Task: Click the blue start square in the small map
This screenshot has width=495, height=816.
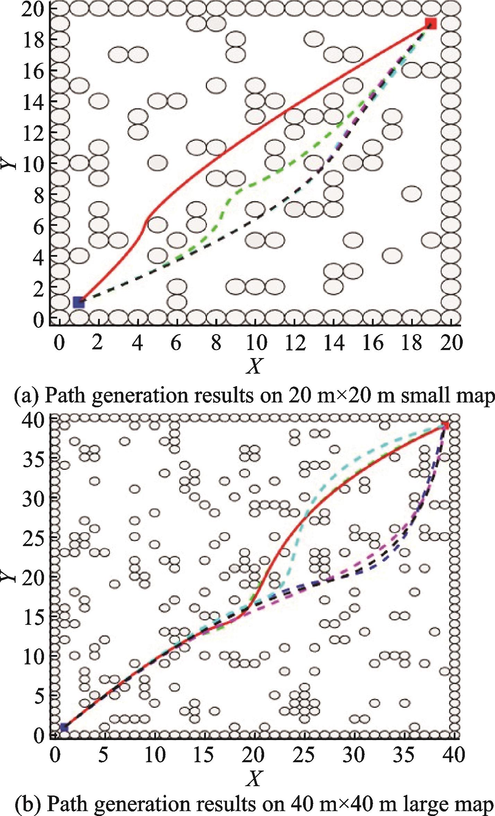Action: click(79, 302)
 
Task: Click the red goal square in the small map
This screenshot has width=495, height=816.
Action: click(431, 24)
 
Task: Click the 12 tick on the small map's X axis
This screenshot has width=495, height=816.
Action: click(294, 343)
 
